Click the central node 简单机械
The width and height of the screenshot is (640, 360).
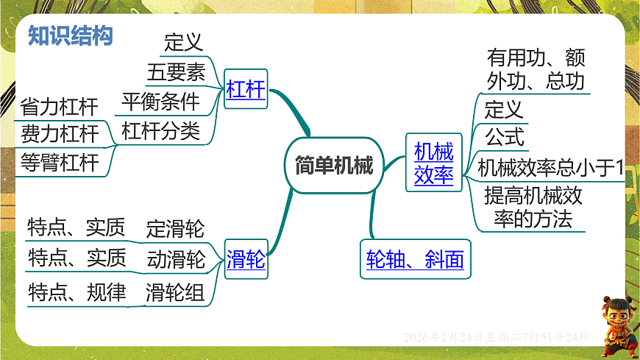point(329,165)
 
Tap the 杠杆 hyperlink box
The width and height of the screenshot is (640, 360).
point(246,91)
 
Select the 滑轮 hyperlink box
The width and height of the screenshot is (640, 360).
point(246,261)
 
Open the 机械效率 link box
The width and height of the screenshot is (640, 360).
point(434,163)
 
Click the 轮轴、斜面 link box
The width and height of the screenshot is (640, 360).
point(415,260)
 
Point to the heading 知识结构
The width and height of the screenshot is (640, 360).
point(71,35)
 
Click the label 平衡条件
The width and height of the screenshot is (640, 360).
point(160,102)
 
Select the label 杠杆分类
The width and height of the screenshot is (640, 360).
point(160,131)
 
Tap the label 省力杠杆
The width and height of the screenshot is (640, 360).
point(60,107)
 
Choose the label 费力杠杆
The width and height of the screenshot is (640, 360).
point(60,134)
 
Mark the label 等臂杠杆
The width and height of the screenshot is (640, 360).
point(60,163)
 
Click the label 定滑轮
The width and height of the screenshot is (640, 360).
point(175,228)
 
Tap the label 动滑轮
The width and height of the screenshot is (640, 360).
point(175,259)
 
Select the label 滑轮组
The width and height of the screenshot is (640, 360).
point(175,293)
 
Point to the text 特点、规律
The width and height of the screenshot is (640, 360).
point(77,293)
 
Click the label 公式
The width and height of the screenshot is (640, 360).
point(504,137)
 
